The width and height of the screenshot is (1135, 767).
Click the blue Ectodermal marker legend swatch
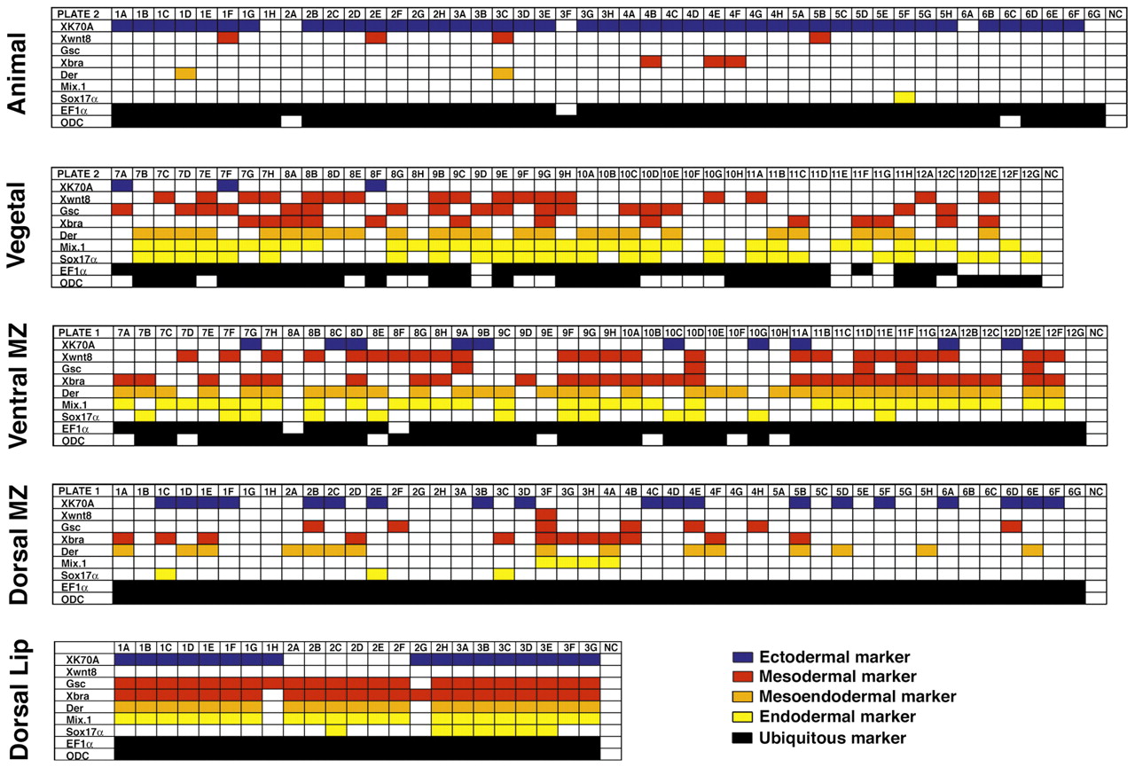click(744, 657)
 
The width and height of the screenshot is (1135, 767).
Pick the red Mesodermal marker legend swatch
click(744, 677)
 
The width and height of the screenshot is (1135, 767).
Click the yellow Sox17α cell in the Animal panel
click(904, 97)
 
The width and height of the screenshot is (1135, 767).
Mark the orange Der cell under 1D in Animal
click(185, 74)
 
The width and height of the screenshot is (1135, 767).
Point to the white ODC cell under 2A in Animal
click(292, 121)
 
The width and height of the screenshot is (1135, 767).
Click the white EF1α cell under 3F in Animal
click(565, 109)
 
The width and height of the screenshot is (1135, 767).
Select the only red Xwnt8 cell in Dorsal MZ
click(546, 514)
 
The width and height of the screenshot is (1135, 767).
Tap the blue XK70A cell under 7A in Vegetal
click(121, 185)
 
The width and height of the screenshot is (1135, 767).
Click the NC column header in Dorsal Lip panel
click(610, 647)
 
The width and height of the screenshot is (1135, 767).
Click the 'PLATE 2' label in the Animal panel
click(78, 15)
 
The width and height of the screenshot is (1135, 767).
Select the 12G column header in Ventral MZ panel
click(1075, 333)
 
